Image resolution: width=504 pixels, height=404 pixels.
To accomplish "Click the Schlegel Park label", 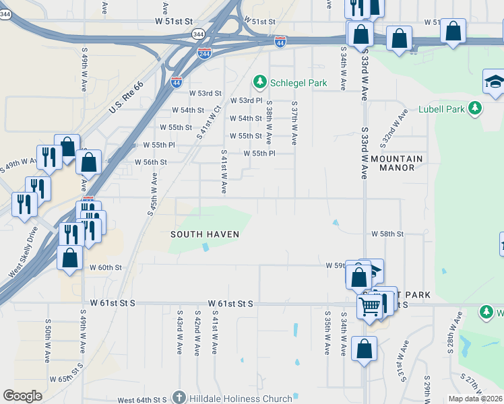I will [x=298, y=83].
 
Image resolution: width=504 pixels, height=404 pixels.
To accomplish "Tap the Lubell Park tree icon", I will [x=475, y=108].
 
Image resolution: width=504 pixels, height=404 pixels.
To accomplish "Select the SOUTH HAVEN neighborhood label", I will [x=204, y=234].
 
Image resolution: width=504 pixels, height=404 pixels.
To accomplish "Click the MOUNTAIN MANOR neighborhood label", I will [x=396, y=163].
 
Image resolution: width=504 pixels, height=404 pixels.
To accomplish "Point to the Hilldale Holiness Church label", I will [x=239, y=399].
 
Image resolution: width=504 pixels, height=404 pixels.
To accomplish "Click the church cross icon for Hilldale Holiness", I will [x=179, y=398].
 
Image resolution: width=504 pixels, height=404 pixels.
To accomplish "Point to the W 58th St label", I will [x=387, y=234].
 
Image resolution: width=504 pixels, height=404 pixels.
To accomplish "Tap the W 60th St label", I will [x=106, y=267].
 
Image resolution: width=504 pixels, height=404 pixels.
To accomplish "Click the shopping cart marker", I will [x=369, y=307].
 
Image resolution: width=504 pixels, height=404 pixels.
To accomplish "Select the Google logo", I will [x=22, y=396].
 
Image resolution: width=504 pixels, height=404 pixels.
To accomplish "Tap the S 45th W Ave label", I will [x=152, y=194].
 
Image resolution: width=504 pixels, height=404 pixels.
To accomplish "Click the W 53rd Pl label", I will [x=246, y=100].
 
